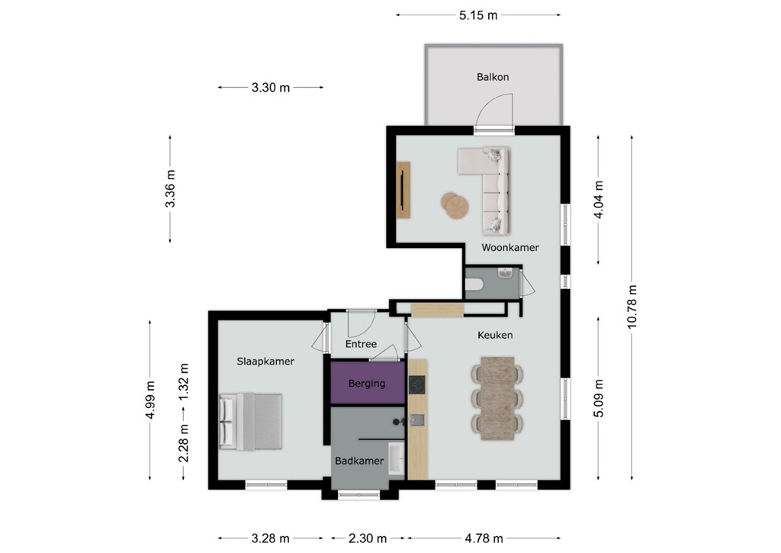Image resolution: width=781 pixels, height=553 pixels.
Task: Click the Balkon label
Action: tap(493, 77)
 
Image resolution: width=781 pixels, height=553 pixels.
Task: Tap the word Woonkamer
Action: tap(510, 247)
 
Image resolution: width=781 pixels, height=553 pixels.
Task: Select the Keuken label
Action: tap(495, 335)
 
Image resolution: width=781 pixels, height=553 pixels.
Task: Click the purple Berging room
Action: tap(368, 383)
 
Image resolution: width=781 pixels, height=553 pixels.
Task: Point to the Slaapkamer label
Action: tap(265, 362)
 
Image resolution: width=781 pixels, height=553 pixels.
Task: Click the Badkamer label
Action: tap(359, 461)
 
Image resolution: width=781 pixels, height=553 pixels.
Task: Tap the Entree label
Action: tap(361, 344)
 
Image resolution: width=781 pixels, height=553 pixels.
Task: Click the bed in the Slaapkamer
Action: tap(250, 421)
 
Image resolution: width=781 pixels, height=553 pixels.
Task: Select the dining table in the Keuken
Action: tap(497, 398)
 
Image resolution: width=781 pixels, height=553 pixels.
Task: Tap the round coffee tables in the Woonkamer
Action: tap(455, 204)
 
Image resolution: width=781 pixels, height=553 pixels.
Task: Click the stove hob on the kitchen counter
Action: tap(417, 384)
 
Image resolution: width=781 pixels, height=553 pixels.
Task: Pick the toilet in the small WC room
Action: tap(474, 285)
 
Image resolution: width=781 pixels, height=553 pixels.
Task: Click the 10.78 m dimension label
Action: tap(632, 307)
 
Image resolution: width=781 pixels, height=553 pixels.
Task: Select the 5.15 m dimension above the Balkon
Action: tap(478, 15)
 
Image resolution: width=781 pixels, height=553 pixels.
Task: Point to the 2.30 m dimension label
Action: tap(368, 538)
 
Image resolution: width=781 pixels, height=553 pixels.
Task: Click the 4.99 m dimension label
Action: tap(150, 400)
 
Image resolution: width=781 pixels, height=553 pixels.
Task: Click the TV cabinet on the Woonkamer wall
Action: tap(403, 190)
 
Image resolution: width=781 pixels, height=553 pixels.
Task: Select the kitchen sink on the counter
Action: tap(417, 420)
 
